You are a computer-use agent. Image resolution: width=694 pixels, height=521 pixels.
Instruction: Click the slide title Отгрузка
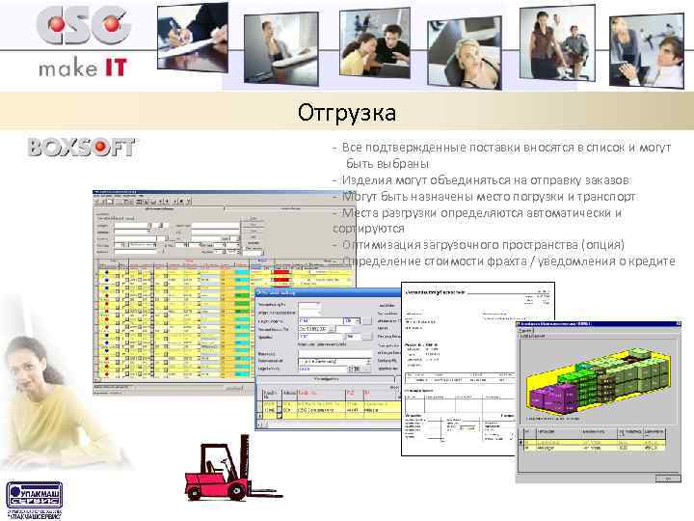346,114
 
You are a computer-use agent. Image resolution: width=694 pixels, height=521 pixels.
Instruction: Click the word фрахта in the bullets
523,261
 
